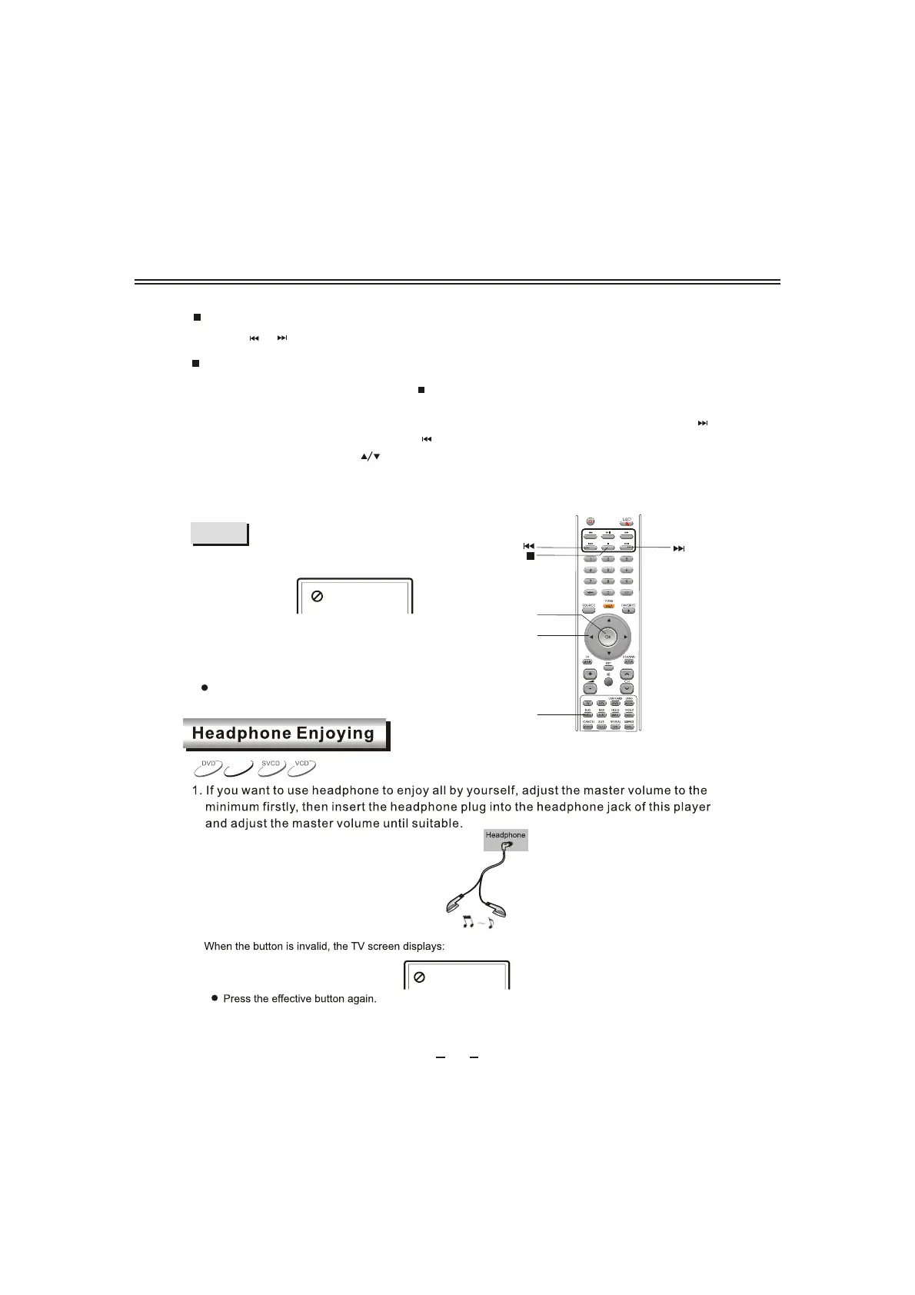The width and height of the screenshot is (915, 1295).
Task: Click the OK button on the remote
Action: (x=607, y=637)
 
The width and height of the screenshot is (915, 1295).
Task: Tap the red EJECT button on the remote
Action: (x=627, y=523)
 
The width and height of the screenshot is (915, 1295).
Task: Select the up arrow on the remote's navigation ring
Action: (x=607, y=619)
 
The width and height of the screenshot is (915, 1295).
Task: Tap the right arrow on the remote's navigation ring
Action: (x=626, y=637)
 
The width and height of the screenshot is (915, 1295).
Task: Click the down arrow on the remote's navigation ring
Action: (x=607, y=654)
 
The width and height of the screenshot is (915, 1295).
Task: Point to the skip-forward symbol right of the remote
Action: (x=678, y=548)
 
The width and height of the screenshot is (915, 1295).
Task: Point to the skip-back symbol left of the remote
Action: (x=529, y=546)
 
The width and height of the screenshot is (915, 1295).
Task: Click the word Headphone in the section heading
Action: (x=241, y=734)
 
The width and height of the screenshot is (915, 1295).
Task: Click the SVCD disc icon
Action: (x=271, y=767)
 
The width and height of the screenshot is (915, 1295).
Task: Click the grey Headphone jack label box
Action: (x=505, y=839)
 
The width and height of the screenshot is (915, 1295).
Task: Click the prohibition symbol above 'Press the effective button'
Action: (x=420, y=977)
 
